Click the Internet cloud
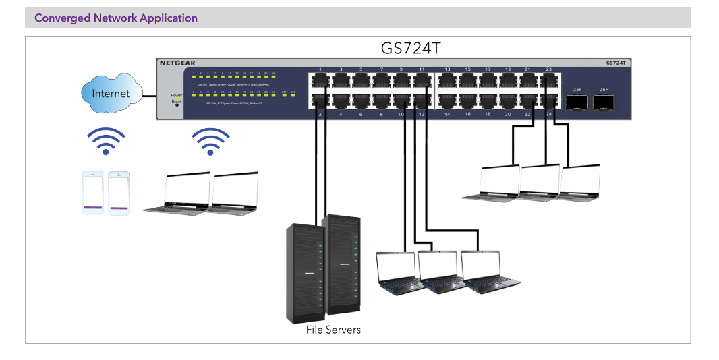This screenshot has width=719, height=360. (111, 93)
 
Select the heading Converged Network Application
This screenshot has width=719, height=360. (116, 18)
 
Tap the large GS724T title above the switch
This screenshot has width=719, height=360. (411, 49)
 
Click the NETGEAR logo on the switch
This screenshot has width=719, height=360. (177, 63)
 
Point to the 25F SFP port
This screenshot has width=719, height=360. (577, 101)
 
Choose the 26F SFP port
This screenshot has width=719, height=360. (603, 101)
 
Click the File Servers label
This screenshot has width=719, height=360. (333, 330)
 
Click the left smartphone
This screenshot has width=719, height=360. (93, 193)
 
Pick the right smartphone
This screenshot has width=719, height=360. (119, 193)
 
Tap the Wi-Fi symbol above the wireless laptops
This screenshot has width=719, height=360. (210, 141)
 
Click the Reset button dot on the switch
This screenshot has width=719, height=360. (177, 105)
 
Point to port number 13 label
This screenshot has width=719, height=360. (448, 69)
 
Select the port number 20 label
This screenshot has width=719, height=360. (508, 115)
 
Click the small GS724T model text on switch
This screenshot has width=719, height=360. (615, 63)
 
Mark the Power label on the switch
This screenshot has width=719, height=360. (177, 95)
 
